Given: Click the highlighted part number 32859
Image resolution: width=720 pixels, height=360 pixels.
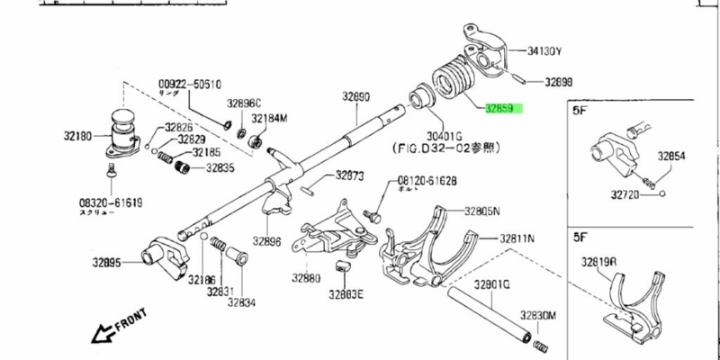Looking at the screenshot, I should tap(499, 110).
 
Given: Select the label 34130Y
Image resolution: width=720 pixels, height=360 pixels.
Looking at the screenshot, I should tap(544, 50).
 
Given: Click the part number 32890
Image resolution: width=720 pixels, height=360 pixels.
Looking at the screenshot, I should tap(355, 95).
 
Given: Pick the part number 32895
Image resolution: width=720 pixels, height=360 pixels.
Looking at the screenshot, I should tap(107, 263).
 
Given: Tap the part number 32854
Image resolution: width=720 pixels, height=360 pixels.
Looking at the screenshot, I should tap(670, 156).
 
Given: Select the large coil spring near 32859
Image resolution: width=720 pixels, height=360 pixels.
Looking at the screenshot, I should tap(455, 83).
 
